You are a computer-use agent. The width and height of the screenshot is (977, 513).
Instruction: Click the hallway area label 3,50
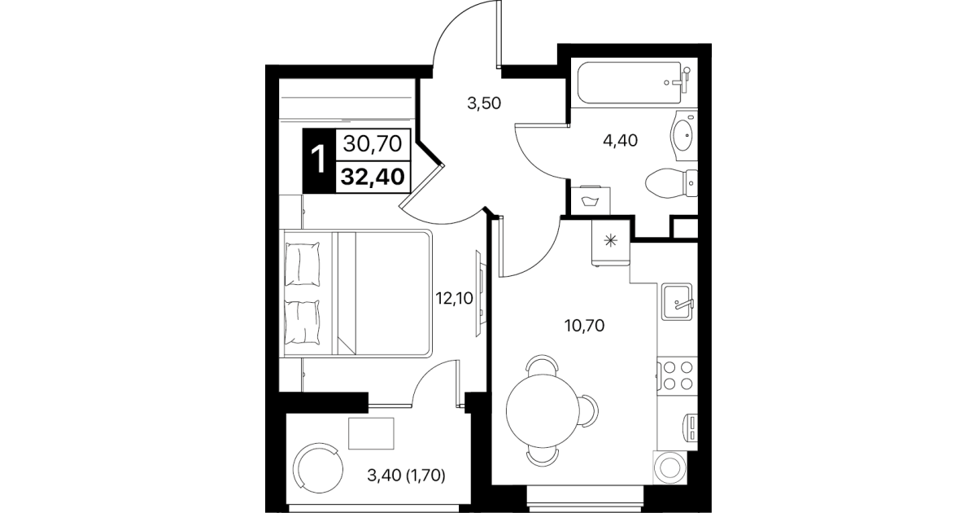(x=484, y=103)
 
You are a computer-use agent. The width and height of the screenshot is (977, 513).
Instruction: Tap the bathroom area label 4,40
(x=620, y=141)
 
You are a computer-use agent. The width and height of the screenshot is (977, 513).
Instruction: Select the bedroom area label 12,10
(x=455, y=299)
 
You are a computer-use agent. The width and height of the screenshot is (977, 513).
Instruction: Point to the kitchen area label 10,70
(x=584, y=326)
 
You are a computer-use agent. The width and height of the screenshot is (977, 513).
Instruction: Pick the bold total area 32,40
(x=373, y=178)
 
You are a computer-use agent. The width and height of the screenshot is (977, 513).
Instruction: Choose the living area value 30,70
(x=373, y=143)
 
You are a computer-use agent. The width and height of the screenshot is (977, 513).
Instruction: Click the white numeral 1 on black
(x=319, y=160)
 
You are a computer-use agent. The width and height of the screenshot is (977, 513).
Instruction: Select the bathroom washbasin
(x=684, y=135)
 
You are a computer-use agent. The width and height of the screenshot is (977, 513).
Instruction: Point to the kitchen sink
(x=677, y=301)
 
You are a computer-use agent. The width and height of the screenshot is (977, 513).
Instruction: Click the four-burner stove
(x=677, y=375)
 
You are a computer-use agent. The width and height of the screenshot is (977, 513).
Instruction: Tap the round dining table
(x=543, y=411)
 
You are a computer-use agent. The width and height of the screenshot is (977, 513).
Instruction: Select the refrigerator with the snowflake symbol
(x=611, y=242)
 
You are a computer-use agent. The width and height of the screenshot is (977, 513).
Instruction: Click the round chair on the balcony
(x=318, y=468)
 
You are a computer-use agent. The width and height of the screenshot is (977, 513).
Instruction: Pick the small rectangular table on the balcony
(x=371, y=433)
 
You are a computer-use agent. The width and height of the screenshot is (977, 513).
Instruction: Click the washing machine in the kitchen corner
(x=670, y=467)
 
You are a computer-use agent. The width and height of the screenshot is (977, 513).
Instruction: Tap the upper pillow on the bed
(x=303, y=265)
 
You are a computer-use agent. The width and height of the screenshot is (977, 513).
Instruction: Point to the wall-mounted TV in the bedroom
(x=480, y=293)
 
